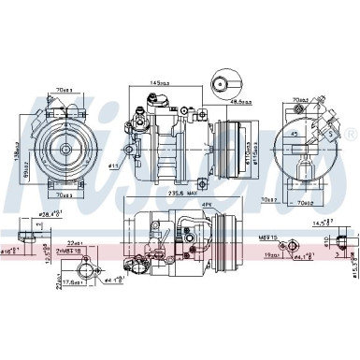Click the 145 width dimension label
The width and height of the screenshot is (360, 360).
point(154,82)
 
